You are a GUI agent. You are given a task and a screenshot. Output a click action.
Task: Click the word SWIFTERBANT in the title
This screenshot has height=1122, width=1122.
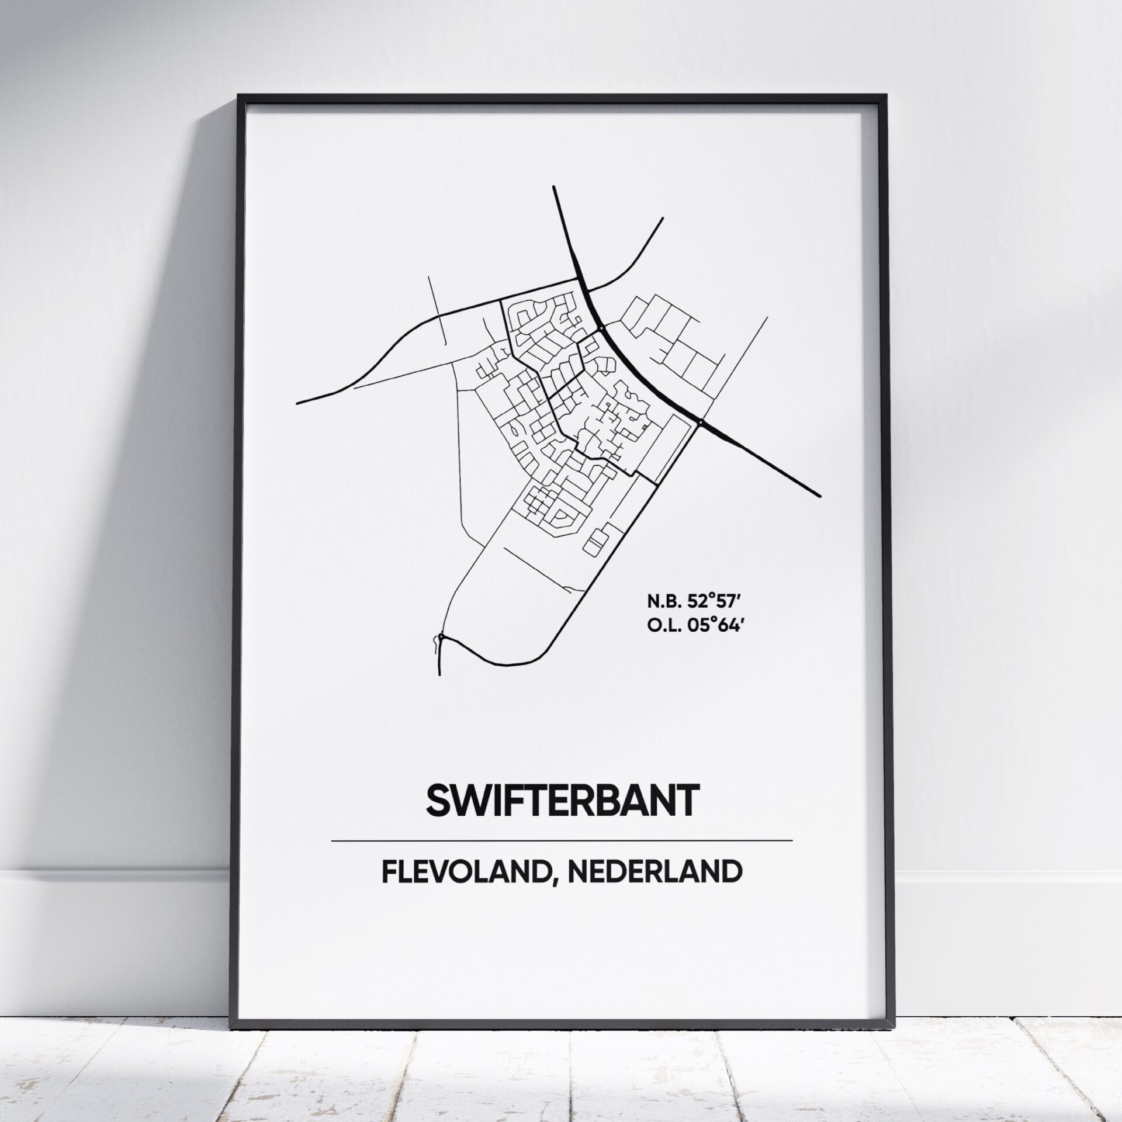(562, 800)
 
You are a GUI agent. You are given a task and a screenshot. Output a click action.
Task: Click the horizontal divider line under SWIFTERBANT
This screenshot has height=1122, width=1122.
(562, 841)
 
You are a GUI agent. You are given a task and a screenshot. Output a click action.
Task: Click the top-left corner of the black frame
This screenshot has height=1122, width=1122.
(237, 94)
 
